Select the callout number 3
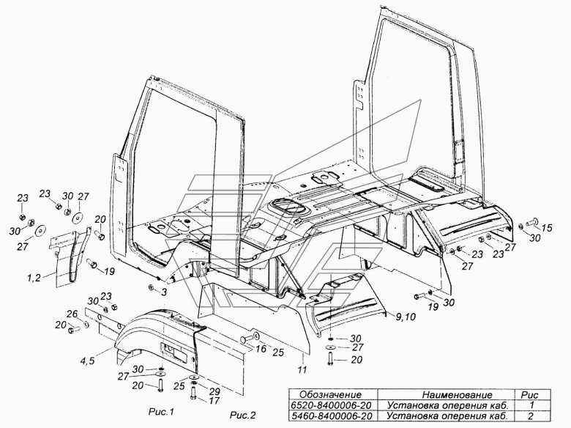(x=164, y=292)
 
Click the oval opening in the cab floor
(x=287, y=208)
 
